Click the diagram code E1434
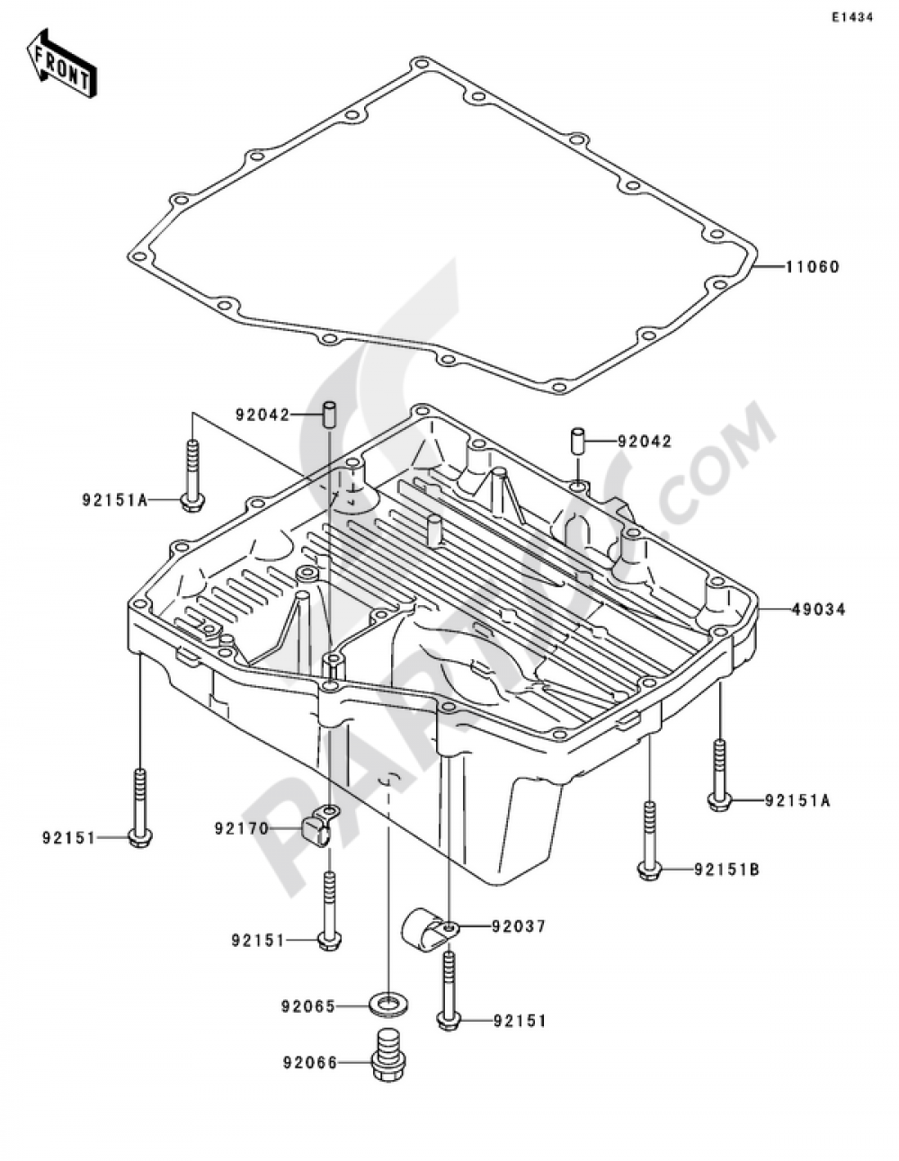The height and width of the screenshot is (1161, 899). pyautogui.click(x=852, y=18)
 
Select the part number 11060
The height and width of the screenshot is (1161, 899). pyautogui.click(x=813, y=266)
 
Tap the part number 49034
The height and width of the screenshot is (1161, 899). pyautogui.click(x=818, y=609)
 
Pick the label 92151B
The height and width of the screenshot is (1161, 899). pyautogui.click(x=726, y=871)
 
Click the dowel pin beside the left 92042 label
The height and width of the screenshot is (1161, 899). pyautogui.click(x=328, y=414)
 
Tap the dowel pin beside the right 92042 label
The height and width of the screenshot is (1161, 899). pyautogui.click(x=578, y=442)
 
